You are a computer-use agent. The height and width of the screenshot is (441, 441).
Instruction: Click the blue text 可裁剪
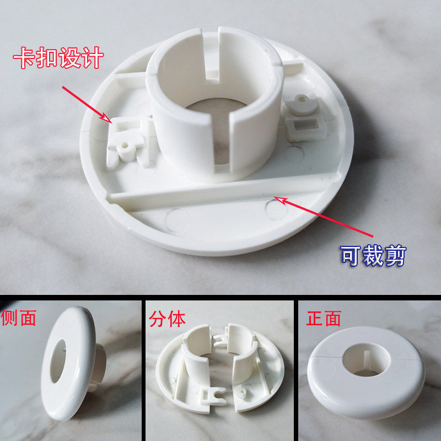pyautogui.click(x=373, y=255)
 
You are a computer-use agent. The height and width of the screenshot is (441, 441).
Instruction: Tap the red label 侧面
pyautogui.click(x=19, y=318)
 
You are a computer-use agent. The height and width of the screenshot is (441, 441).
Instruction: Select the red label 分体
pyautogui.click(x=167, y=319)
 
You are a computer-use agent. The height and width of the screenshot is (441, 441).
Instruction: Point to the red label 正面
pyautogui.click(x=324, y=318)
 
